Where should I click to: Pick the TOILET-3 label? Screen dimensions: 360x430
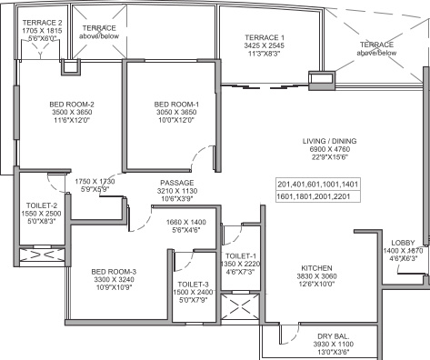(x=192, y=284)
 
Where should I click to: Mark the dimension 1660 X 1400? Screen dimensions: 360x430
(x=187, y=222)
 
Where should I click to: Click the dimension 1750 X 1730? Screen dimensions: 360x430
(x=95, y=182)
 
